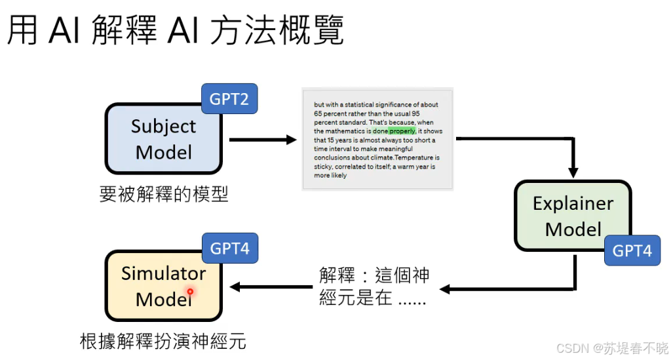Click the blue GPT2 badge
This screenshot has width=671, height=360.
pos(229,99)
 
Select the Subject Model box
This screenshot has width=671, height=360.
pos(163,139)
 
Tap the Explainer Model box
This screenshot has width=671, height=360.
pos(573,216)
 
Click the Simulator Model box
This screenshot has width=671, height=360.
pos(163,286)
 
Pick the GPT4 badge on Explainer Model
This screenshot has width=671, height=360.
pos(632,250)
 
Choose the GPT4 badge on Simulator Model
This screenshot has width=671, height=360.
pos(229,249)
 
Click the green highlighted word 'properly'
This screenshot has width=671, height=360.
pos(402,131)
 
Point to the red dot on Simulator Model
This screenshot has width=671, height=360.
pos(190,291)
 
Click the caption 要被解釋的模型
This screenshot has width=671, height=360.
pos(164,195)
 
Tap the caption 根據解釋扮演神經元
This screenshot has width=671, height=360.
pos(163,342)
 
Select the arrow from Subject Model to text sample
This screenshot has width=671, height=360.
pos(262,139)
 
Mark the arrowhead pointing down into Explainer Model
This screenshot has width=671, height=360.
pos(573,172)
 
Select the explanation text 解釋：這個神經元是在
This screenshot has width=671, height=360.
pos(374,287)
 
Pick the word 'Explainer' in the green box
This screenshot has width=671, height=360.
pos(573,203)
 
